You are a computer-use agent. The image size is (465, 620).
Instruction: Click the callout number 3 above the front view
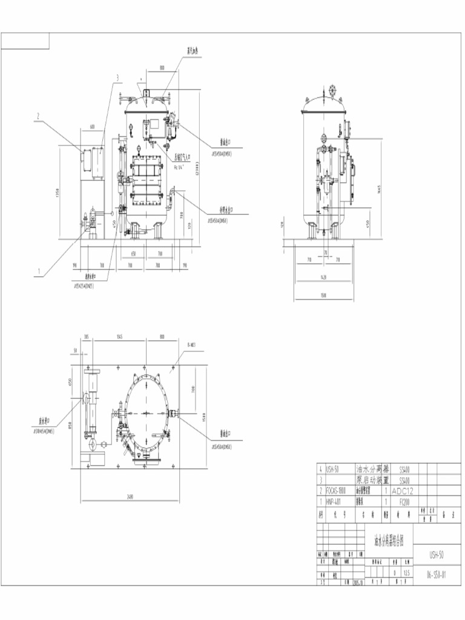tap(117, 77)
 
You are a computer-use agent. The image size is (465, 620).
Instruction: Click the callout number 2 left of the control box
tap(38, 115)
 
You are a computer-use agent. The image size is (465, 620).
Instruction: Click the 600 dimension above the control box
tap(92, 127)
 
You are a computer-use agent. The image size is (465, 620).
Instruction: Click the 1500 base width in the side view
tap(325, 296)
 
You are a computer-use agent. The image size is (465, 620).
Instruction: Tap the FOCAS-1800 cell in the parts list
tap(337, 491)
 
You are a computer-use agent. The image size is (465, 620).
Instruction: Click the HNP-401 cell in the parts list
tap(334, 501)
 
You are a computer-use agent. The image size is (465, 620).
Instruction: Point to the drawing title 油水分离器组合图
tap(389, 538)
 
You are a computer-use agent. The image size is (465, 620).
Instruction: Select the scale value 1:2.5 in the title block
tap(406, 572)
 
